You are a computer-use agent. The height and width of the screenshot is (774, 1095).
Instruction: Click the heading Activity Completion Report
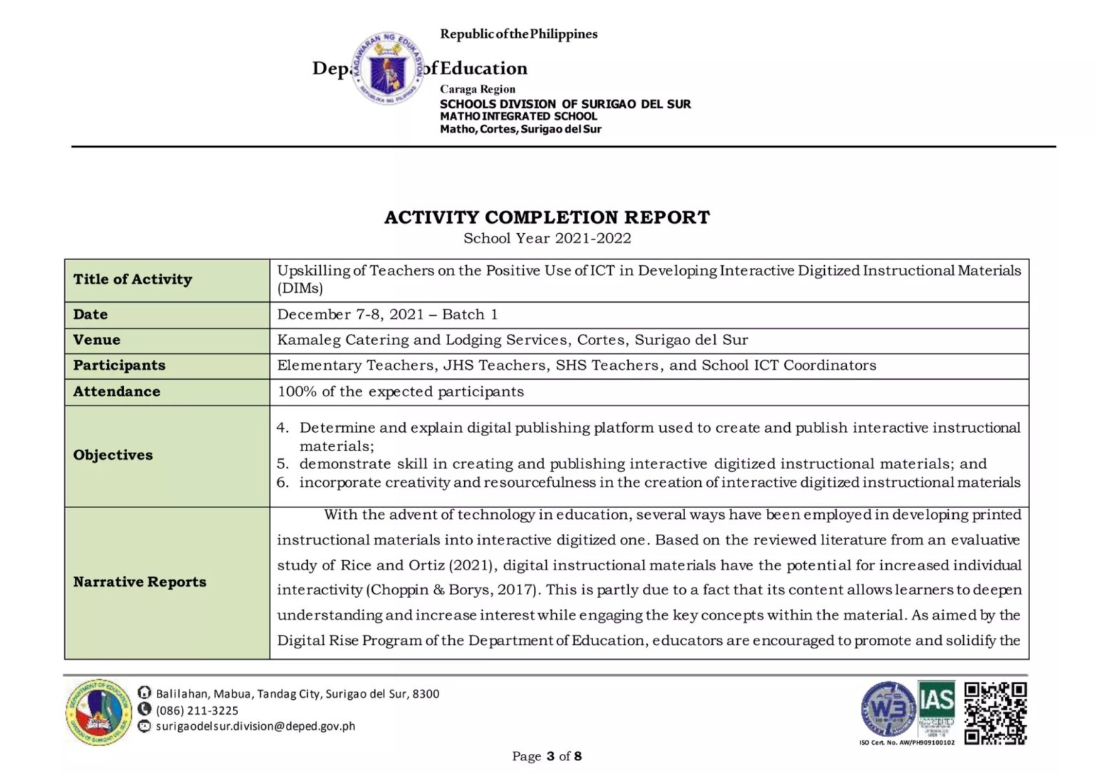547,217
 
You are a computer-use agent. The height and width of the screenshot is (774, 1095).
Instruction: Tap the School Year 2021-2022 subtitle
547,239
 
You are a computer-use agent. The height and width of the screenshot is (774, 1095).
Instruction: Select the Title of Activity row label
133,279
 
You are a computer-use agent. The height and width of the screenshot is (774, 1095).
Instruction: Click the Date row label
91,314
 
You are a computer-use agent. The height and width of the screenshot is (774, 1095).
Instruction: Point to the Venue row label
97,340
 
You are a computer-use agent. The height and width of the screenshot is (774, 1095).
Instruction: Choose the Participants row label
119,366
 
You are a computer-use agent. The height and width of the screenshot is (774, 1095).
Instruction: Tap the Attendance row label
116,391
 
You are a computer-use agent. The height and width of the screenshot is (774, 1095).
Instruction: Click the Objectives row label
113,455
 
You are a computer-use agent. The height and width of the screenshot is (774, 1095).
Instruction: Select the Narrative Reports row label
140,582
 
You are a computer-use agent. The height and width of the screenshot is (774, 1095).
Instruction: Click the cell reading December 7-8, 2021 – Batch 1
388,314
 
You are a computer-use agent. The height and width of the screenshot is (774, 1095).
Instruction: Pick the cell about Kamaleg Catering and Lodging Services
512,340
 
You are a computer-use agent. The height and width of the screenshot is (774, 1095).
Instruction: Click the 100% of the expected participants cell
401,391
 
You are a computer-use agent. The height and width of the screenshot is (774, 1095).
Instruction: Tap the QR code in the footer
995,713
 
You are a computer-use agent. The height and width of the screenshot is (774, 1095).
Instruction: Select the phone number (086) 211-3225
197,710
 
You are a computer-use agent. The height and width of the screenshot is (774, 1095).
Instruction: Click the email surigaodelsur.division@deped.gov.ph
255,726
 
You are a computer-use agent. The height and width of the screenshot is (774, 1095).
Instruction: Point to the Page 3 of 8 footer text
547,756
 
